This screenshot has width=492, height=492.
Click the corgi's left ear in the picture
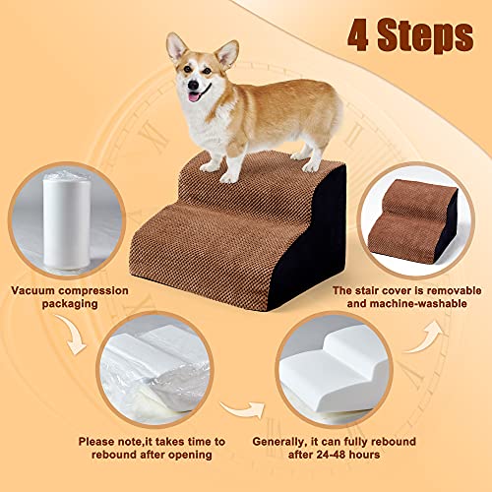(177, 46)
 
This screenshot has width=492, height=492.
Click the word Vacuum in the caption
(33, 292)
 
